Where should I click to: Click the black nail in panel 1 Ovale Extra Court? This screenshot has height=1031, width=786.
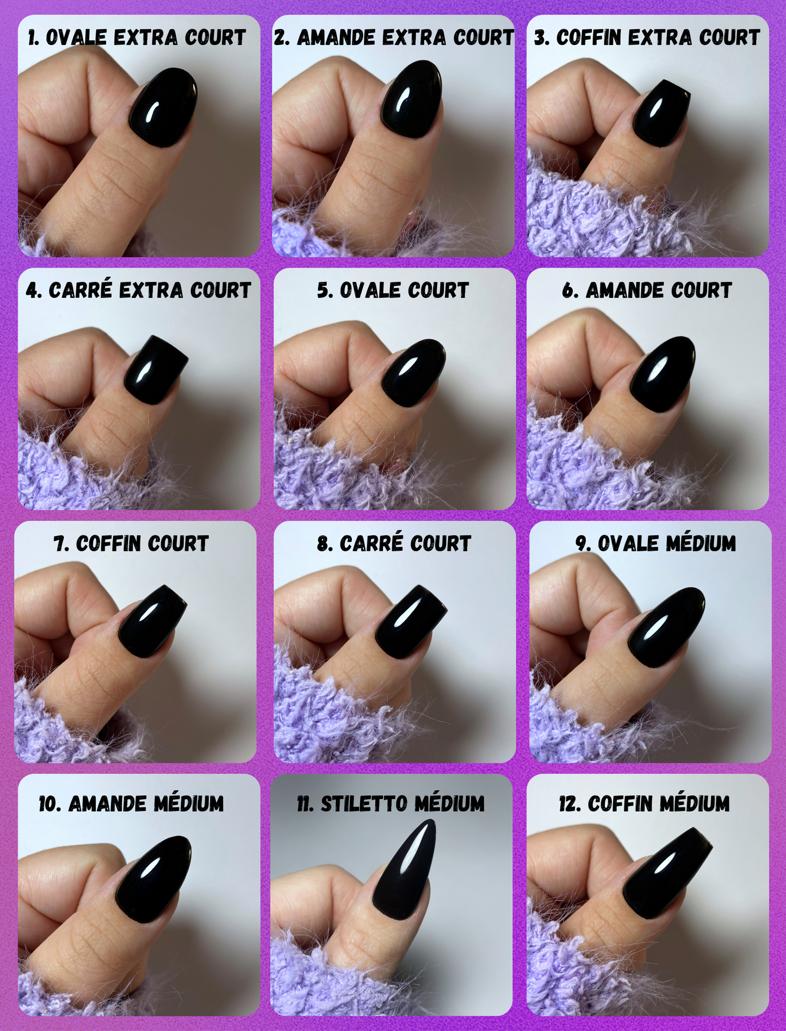(x=163, y=108)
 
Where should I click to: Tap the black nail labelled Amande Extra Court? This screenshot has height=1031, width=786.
(x=411, y=99)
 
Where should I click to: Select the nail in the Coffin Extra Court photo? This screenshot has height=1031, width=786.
(x=661, y=114)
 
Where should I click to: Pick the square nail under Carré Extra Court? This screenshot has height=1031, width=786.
(x=155, y=370)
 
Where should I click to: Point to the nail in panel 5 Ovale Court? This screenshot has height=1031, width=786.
(x=413, y=373)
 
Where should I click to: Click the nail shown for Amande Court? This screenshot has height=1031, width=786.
(x=662, y=374)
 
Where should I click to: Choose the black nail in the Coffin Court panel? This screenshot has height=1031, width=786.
(x=152, y=621)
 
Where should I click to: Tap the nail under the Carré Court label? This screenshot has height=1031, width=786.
(x=411, y=621)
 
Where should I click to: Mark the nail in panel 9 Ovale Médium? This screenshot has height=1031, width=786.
(x=666, y=627)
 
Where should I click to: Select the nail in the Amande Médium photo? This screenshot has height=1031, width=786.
(x=153, y=879)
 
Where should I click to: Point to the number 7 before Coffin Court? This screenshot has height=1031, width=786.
(x=59, y=543)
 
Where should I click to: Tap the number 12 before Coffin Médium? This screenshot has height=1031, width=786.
(x=568, y=804)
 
